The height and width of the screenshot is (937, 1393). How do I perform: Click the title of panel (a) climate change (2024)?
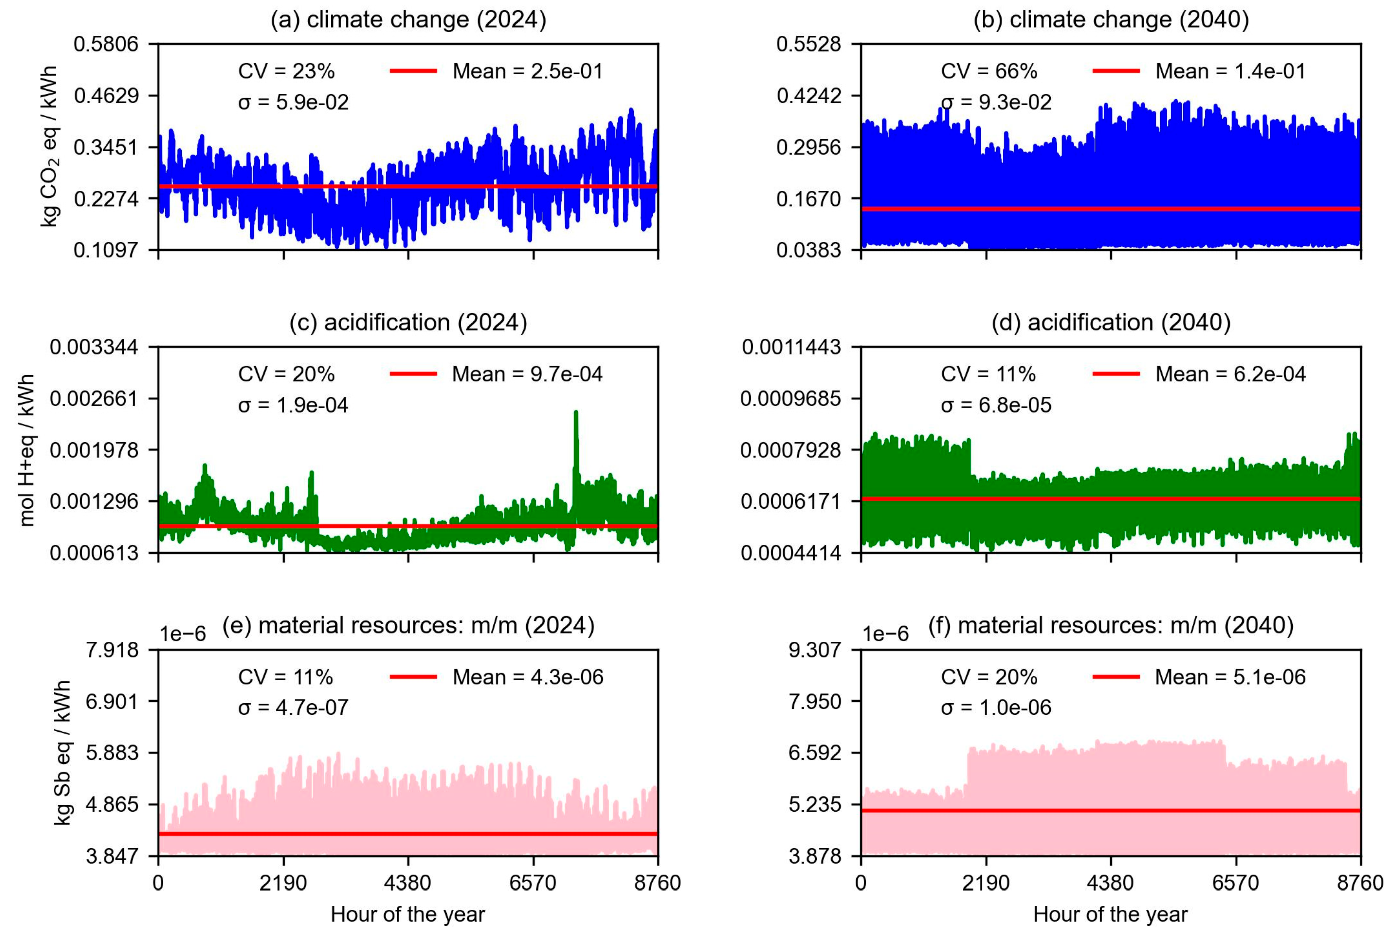pos(408,20)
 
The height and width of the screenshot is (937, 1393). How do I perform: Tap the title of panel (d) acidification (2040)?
pos(1111,323)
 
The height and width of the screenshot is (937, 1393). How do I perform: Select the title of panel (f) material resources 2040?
pos(1111,625)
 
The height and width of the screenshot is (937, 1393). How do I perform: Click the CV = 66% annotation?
pos(989,71)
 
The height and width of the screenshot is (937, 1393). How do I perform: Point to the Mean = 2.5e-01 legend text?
pos(528,71)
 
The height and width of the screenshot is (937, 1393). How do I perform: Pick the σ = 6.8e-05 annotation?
pos(996,405)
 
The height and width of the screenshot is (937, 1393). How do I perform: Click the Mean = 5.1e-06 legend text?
pos(1230,677)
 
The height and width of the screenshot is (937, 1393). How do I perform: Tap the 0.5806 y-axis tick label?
pos(106,43)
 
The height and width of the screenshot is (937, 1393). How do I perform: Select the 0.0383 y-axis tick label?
pos(808,250)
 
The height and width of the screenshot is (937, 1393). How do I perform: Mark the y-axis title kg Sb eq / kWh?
pos(62,753)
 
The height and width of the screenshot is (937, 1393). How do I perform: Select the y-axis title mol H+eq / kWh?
pos(27,450)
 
